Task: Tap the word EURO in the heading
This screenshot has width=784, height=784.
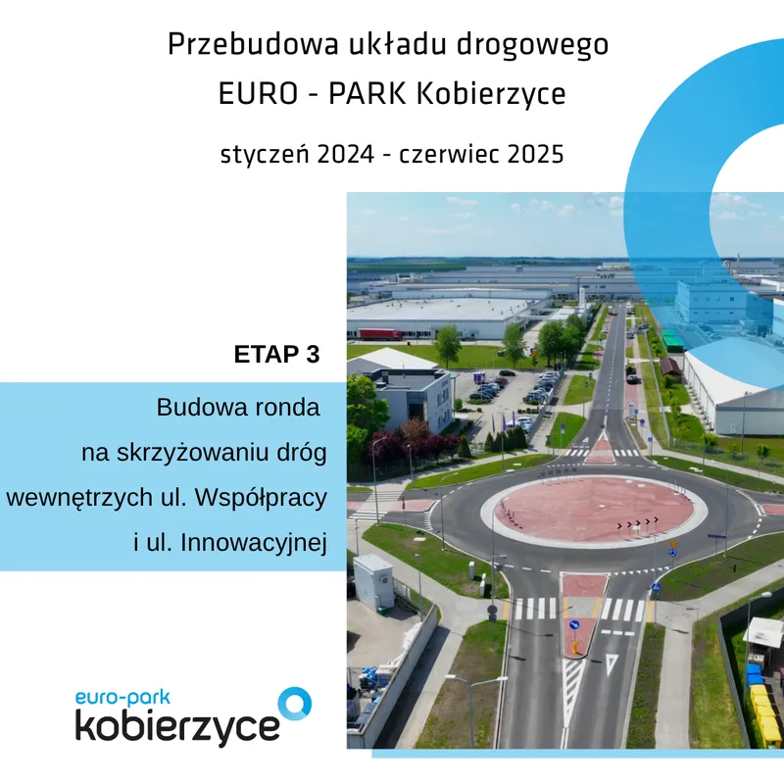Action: (x=258, y=93)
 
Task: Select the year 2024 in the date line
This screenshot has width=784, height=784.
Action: (x=346, y=154)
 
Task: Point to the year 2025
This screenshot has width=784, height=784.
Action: (x=535, y=154)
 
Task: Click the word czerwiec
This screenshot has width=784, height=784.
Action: (x=449, y=154)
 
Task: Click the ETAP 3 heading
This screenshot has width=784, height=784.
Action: (x=276, y=354)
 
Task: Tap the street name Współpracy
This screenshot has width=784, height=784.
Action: (x=261, y=498)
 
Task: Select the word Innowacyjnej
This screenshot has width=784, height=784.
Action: (x=254, y=543)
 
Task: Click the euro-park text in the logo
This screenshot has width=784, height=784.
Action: (x=123, y=698)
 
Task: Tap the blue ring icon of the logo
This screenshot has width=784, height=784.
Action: (x=295, y=704)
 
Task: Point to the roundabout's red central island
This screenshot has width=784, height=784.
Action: (x=594, y=510)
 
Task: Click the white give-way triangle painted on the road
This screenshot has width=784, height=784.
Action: (x=612, y=663)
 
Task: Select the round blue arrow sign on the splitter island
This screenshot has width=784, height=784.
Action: (x=574, y=625)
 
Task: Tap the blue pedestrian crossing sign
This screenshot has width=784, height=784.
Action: (x=656, y=587)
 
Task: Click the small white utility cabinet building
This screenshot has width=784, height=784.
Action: (x=373, y=581)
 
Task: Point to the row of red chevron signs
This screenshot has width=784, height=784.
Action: (x=637, y=523)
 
